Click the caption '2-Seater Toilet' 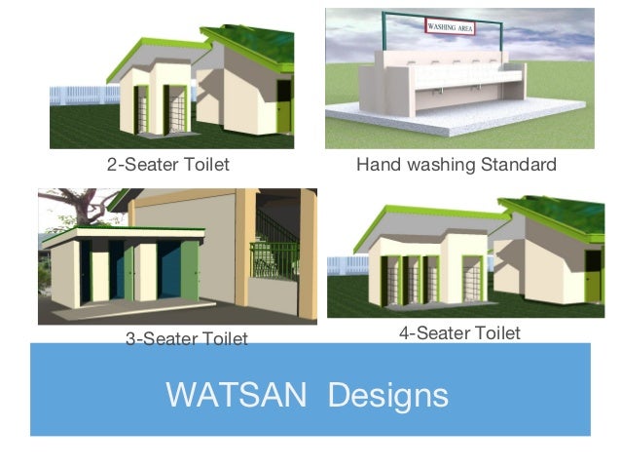tap(167, 165)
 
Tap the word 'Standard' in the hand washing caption tap(518, 165)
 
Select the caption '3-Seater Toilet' tap(186, 338)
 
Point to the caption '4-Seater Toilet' tap(459, 333)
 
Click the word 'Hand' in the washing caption tap(376, 165)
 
